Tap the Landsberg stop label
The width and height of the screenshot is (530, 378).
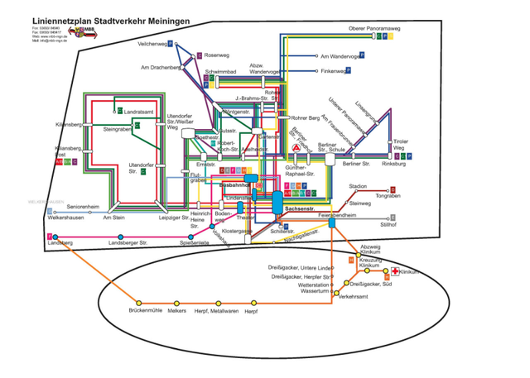(x=61, y=242)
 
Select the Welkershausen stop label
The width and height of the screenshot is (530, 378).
(x=68, y=218)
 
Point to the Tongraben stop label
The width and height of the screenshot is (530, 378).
(x=388, y=196)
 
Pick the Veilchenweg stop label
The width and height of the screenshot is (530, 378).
(x=154, y=42)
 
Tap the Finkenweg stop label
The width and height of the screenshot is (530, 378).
(x=333, y=71)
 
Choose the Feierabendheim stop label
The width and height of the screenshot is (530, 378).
(x=336, y=214)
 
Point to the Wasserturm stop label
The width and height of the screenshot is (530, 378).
(x=316, y=291)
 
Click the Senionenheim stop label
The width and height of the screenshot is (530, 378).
(x=83, y=206)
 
